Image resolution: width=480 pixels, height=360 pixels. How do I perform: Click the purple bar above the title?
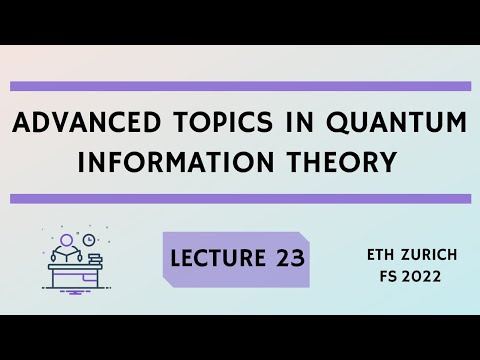coord(240,86)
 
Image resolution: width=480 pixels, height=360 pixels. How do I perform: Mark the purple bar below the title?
coord(240,198)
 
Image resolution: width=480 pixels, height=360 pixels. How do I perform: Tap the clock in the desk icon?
coord(89,240)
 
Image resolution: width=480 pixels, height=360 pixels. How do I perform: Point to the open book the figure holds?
coord(69,259)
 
